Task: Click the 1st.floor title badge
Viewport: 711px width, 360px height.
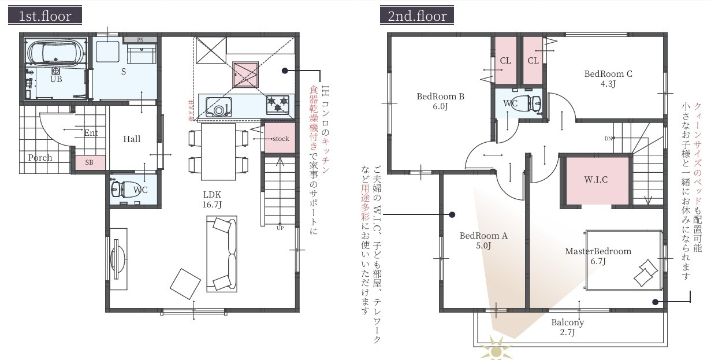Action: click(x=45, y=16)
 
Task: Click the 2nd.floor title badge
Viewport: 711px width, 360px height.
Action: click(x=416, y=16)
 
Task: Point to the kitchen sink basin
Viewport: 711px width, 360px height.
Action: click(x=219, y=109)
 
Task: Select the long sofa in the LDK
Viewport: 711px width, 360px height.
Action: click(x=222, y=253)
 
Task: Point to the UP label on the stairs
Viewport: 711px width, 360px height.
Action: click(x=280, y=228)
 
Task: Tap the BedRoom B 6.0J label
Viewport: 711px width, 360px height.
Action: click(x=441, y=101)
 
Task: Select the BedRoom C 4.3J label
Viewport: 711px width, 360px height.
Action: click(x=608, y=78)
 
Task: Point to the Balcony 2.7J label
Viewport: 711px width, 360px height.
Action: click(x=567, y=327)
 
